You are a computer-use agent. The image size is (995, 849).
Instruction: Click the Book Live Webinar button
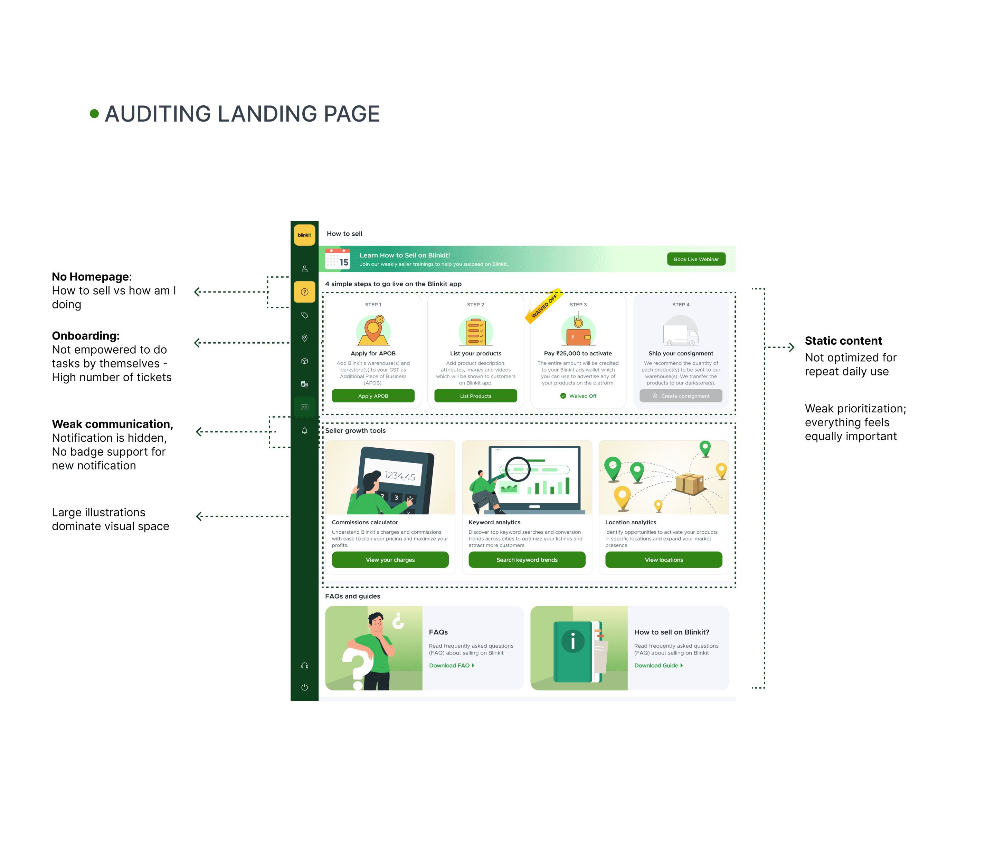696,259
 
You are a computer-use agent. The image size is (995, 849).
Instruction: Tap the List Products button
475,396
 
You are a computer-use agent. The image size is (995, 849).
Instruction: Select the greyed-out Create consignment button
681,396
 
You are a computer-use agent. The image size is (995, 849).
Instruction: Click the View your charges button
390,560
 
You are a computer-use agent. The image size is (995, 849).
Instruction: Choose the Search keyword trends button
527,560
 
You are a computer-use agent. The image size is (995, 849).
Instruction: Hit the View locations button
664,560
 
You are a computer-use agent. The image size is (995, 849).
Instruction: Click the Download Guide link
658,665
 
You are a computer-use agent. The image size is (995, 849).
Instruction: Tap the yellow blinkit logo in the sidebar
304,235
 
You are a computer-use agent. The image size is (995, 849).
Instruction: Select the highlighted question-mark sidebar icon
304,292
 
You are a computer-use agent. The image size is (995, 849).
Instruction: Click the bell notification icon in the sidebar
304,430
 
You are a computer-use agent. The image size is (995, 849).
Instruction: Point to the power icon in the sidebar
304,687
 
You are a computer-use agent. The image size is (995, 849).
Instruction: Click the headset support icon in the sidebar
304,666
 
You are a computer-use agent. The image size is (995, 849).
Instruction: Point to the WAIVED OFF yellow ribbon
544,306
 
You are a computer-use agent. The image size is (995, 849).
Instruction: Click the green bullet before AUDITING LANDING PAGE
94,114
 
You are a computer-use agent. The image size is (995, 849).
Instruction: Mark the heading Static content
843,341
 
